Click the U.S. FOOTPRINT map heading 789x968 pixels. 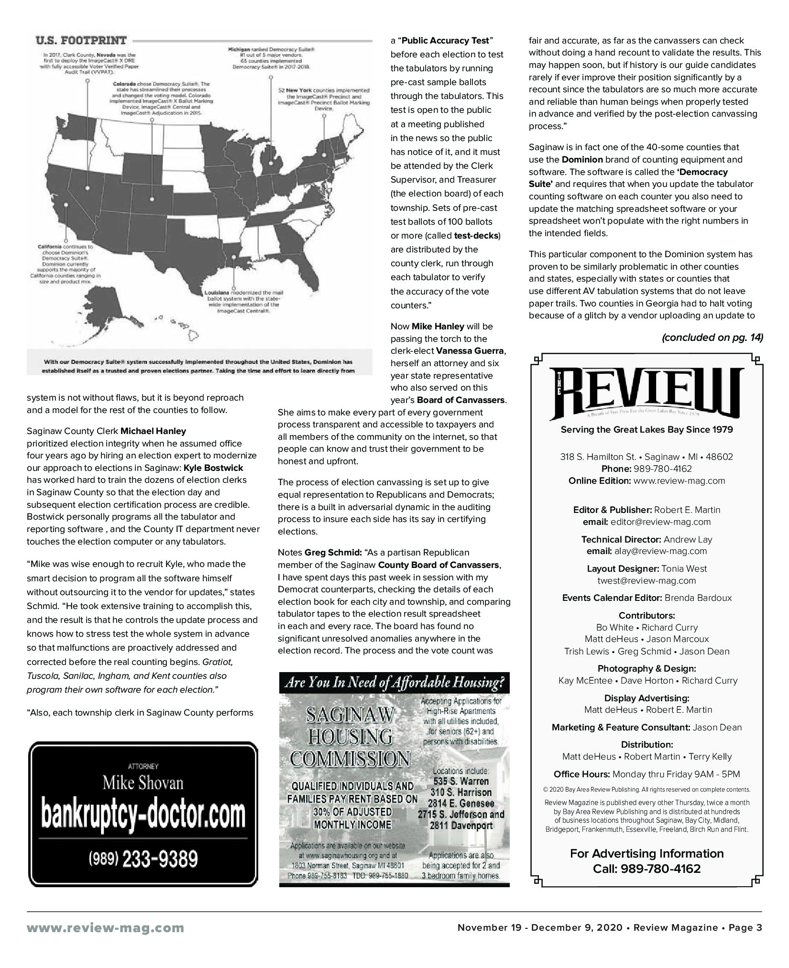point(81,40)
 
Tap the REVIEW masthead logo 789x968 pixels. point(646,392)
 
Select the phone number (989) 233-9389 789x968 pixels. point(143,859)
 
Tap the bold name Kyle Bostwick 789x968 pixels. point(213,468)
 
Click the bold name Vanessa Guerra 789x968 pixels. point(470,351)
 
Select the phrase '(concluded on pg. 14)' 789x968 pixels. point(712,337)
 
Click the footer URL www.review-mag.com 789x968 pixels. point(105,928)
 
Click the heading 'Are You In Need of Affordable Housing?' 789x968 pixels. point(394,683)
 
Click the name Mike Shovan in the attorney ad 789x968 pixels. point(143,783)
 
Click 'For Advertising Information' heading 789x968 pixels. point(647,853)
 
